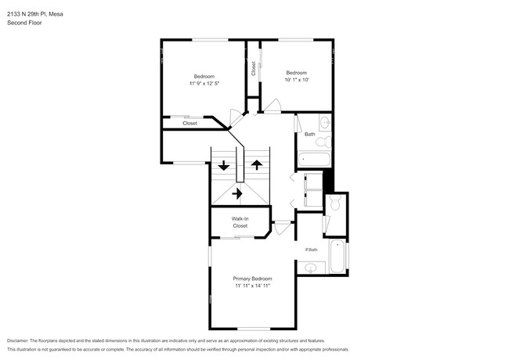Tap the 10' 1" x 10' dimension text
pos(296,79)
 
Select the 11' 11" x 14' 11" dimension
pos(252,286)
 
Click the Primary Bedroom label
pos(252,279)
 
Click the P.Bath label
pos(312,250)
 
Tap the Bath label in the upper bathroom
pos(310,135)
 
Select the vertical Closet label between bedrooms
pos(253,69)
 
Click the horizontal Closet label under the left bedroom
pos(190,124)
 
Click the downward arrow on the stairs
pos(224,165)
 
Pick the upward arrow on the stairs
pos(257,164)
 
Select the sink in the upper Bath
pos(324,122)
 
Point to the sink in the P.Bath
pos(311,268)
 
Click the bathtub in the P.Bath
pos(337,257)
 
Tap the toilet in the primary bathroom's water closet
pos(335,203)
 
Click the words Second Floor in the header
pos(26,23)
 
